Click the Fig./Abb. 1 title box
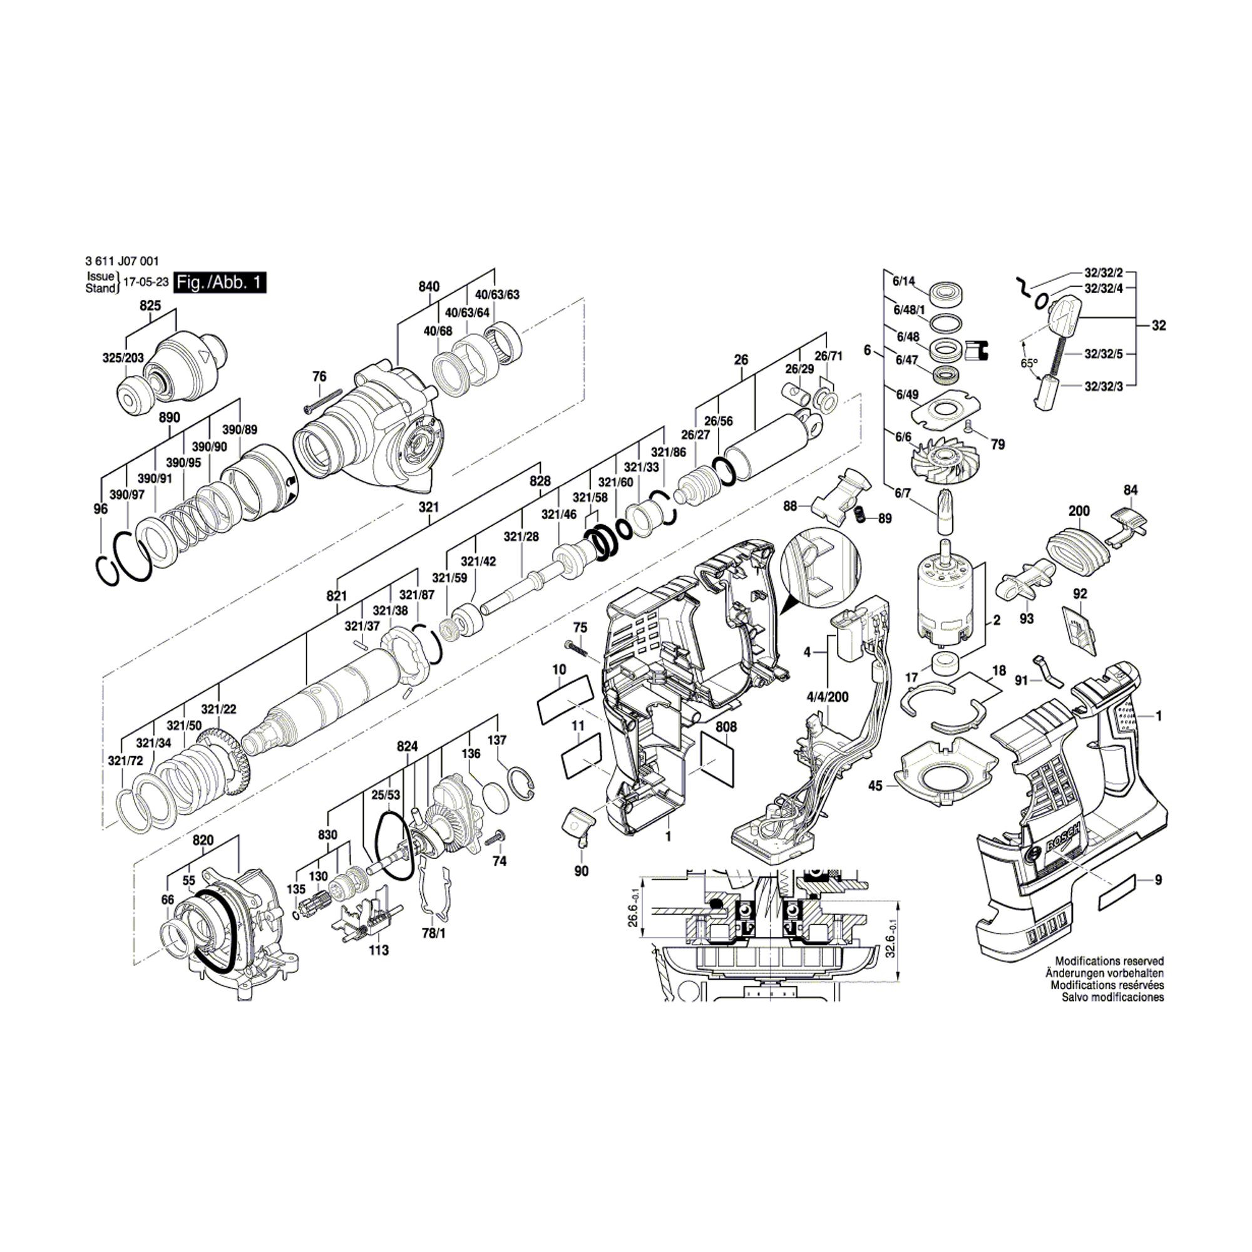click(221, 283)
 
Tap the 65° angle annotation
click(1029, 364)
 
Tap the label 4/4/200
click(828, 697)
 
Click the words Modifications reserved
click(1109, 961)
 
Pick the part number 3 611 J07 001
click(121, 262)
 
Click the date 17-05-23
click(146, 282)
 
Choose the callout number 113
click(379, 950)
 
